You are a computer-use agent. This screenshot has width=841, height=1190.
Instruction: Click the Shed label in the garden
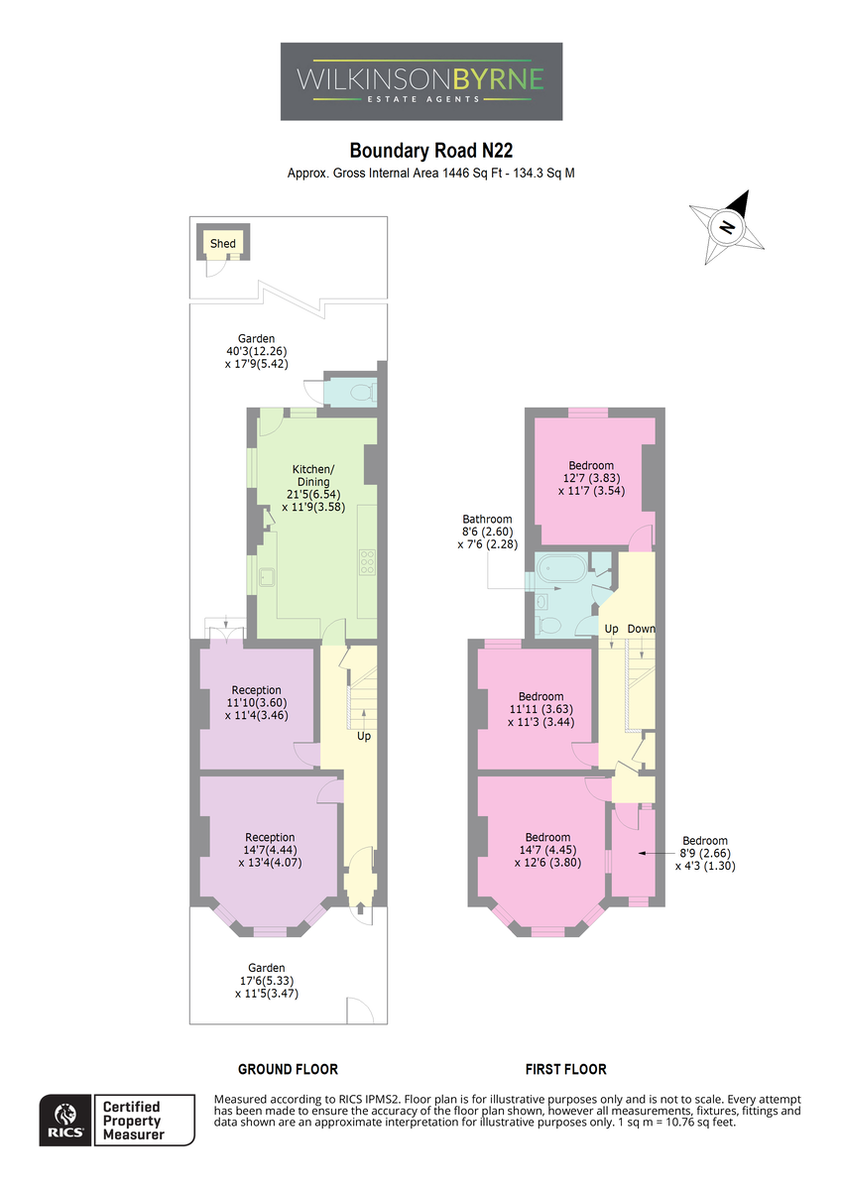[222, 243]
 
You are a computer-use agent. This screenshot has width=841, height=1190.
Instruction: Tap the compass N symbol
[727, 227]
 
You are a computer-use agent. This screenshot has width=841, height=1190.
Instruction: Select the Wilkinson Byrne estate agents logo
[421, 81]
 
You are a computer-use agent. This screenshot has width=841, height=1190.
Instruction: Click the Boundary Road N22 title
[430, 151]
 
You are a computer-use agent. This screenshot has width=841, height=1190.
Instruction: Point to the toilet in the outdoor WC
[364, 393]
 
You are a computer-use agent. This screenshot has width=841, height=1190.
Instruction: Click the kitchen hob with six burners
[367, 561]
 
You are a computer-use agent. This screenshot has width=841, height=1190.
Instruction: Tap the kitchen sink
[267, 577]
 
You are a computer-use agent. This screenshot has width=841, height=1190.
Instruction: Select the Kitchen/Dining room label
[313, 488]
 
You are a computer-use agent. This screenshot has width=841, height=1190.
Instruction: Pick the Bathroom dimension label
[487, 532]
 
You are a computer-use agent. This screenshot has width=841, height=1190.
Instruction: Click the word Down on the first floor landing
[642, 629]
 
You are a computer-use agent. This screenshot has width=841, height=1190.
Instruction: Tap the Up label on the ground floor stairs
[364, 736]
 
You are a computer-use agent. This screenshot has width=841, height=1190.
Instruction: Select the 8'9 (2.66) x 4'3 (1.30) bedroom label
[705, 853]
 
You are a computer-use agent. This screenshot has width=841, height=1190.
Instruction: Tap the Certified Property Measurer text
[133, 1120]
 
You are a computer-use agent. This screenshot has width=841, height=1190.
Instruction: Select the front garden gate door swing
[360, 1010]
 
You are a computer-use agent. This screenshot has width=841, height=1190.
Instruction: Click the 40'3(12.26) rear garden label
[257, 351]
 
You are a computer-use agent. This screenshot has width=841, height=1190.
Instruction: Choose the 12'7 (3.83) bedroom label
[591, 478]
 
